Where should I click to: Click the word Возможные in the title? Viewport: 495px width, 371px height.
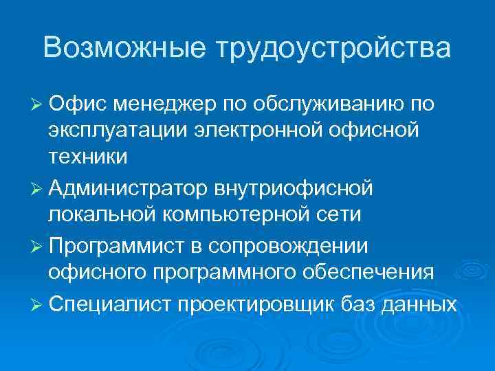(123, 48)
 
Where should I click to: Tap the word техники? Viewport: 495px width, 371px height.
(87, 156)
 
